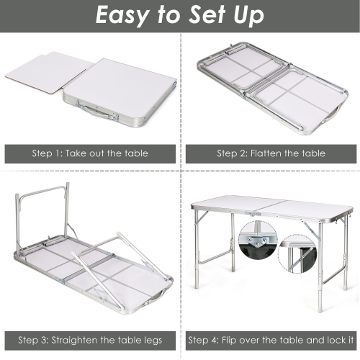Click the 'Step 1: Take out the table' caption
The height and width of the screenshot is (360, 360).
[x=90, y=153]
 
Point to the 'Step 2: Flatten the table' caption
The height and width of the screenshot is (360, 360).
[x=271, y=153]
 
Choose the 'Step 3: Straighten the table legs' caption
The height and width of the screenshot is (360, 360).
[x=90, y=339]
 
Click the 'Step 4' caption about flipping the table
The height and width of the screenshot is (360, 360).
[x=271, y=339]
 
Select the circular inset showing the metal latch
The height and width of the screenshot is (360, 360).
[x=256, y=245]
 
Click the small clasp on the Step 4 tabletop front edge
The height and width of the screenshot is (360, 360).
[x=253, y=214]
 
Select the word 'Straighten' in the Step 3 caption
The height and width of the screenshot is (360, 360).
[x=77, y=339]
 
